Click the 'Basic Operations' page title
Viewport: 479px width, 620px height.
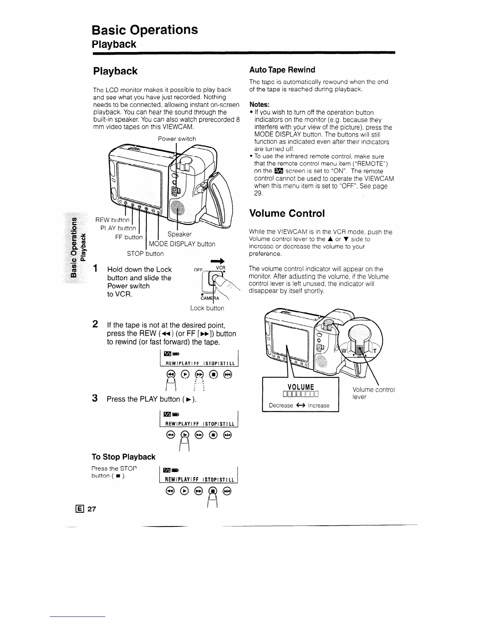click(x=144, y=30)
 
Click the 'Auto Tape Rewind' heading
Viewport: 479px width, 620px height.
click(x=282, y=70)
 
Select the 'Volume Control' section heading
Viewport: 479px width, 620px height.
click(x=287, y=213)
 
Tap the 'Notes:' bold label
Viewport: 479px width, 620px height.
click(x=259, y=105)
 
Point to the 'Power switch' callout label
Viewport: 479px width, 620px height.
click(x=176, y=139)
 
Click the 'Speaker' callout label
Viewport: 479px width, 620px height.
click(x=179, y=234)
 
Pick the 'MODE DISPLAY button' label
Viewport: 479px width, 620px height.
click(x=182, y=244)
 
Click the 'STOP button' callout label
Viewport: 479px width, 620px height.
click(x=145, y=254)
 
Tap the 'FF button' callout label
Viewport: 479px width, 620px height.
click(x=129, y=237)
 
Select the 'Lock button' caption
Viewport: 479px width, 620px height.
click(x=207, y=308)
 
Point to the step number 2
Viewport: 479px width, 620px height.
click(x=95, y=324)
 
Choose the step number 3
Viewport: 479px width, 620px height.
click(x=95, y=398)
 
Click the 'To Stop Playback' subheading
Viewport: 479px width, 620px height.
click(x=123, y=457)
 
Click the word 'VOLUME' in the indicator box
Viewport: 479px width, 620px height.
click(x=301, y=387)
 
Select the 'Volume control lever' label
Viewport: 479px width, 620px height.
click(x=373, y=393)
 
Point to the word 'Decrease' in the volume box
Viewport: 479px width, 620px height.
click(x=281, y=406)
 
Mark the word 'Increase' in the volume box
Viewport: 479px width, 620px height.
click(x=319, y=406)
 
